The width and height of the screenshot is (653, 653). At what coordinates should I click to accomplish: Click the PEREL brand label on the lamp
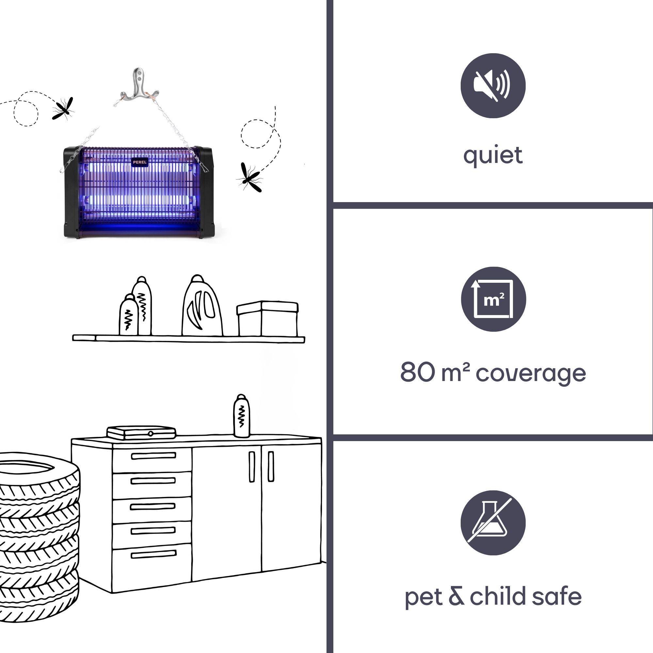(x=140, y=162)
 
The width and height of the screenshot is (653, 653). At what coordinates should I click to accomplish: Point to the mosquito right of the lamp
(x=250, y=177)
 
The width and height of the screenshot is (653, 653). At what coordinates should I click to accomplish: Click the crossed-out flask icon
(x=493, y=522)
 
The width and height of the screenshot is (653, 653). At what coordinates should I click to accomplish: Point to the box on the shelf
(x=267, y=318)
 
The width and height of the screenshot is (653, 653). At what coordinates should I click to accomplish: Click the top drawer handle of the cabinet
(x=153, y=456)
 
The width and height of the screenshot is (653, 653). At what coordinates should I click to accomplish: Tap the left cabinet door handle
(x=252, y=466)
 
